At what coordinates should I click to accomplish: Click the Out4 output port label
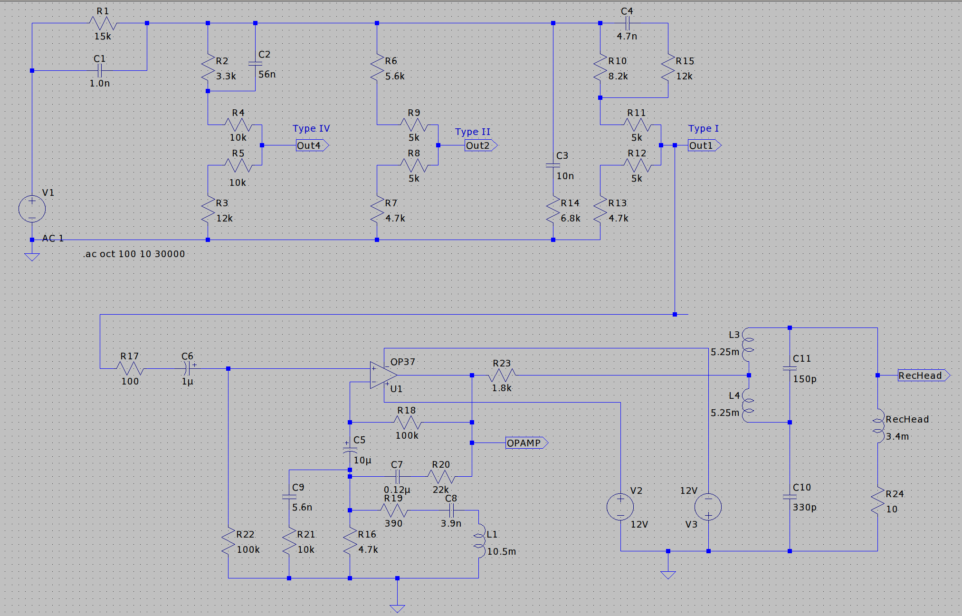[x=312, y=145]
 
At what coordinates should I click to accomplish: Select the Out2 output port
[x=480, y=145]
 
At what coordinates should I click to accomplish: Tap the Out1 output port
[x=704, y=145]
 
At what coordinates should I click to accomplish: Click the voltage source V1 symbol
[x=32, y=209]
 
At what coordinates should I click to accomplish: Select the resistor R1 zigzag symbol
[x=103, y=23]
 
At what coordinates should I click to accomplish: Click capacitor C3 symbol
[x=553, y=165]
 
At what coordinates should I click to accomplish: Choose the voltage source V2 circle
[x=620, y=507]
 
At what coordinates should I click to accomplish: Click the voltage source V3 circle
[x=708, y=507]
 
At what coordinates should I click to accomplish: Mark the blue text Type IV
[x=311, y=128]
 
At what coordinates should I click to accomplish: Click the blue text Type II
[x=472, y=132]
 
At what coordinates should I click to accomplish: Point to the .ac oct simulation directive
[x=134, y=254]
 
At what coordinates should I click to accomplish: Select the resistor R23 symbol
[x=502, y=375]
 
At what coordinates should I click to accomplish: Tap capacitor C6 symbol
[x=188, y=368]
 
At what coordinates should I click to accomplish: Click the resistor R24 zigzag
[x=877, y=502]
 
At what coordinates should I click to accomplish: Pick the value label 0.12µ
[x=397, y=490]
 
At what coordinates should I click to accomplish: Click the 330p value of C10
[x=804, y=507]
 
